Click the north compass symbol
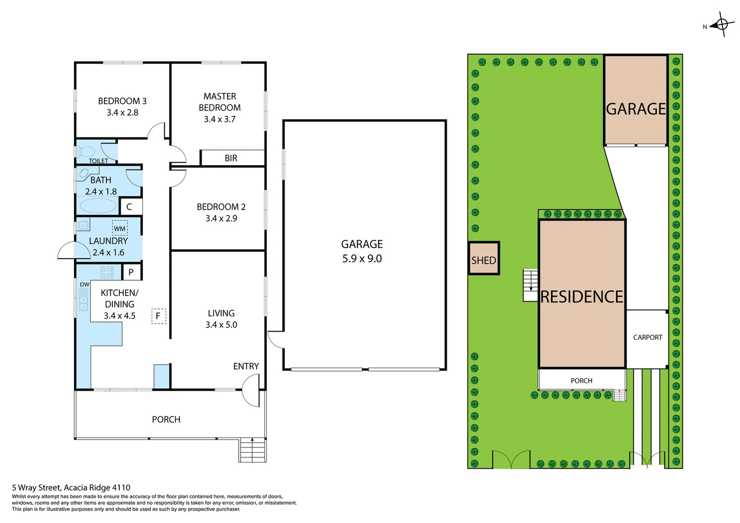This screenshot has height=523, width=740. (x=722, y=24)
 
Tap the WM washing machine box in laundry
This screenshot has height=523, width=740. (x=120, y=228)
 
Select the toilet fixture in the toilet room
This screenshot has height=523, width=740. (x=87, y=152)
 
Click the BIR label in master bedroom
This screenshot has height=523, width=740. (x=231, y=158)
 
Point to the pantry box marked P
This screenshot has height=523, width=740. (x=131, y=272)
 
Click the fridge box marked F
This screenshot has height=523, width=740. (x=158, y=316)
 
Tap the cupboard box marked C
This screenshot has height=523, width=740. (x=129, y=207)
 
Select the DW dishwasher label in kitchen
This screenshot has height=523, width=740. (x=84, y=284)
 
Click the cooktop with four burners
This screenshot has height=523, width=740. (x=107, y=272)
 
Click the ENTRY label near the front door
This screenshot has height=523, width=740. (x=246, y=367)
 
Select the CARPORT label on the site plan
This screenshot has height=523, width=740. (x=647, y=338)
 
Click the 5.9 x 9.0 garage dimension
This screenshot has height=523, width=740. (x=362, y=259)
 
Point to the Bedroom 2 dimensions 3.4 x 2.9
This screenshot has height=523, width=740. (x=221, y=218)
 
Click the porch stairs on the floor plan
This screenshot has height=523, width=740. (x=252, y=450)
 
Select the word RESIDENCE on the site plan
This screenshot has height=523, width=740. (x=582, y=297)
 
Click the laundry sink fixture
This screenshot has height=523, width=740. (x=83, y=225)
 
